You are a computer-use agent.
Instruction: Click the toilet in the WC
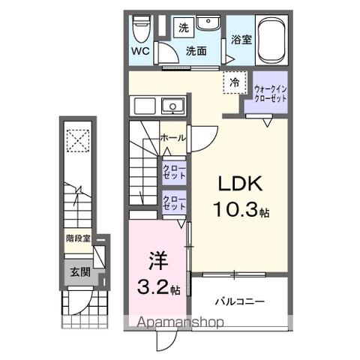141,28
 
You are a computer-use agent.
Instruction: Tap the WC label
141,52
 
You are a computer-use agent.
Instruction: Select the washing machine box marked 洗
184,28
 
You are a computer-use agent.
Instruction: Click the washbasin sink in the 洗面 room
208,22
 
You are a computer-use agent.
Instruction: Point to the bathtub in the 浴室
271,40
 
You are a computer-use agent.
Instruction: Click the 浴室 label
241,40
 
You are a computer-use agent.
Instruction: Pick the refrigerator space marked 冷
235,82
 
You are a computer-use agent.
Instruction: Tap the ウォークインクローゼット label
270,94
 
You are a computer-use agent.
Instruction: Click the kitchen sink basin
173,106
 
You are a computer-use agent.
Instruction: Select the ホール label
173,138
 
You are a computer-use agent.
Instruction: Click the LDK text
241,184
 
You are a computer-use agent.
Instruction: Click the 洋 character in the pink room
158,261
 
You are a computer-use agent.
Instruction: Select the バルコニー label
240,301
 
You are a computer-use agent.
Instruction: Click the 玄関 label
80,272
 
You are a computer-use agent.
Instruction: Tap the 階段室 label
78,238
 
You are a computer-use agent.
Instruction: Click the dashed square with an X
78,141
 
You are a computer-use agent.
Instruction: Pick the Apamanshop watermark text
180,322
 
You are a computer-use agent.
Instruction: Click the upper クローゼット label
174,172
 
